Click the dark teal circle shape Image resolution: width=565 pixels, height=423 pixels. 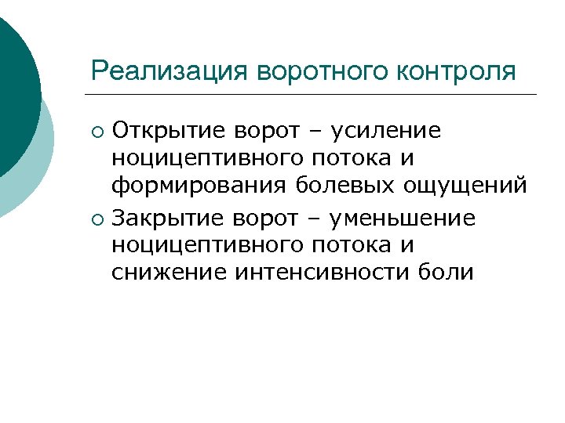[16, 86]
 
